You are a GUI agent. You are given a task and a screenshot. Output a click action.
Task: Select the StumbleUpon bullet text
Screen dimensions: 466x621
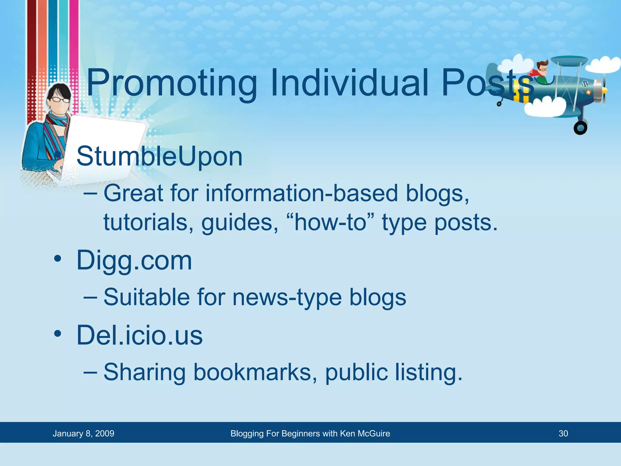pos(159,157)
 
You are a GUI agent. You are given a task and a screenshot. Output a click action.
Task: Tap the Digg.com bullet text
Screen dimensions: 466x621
pos(134,260)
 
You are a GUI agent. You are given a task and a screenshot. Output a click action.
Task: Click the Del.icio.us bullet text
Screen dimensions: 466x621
pos(139,336)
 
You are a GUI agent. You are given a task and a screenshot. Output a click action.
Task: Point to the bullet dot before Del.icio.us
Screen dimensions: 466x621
pos(58,335)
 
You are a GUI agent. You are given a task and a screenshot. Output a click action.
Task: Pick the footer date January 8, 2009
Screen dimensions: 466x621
pos(83,434)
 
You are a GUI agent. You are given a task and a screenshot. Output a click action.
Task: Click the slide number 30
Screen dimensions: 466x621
pos(563,434)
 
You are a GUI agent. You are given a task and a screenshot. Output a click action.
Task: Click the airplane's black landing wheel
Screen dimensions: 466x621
pos(580,128)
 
